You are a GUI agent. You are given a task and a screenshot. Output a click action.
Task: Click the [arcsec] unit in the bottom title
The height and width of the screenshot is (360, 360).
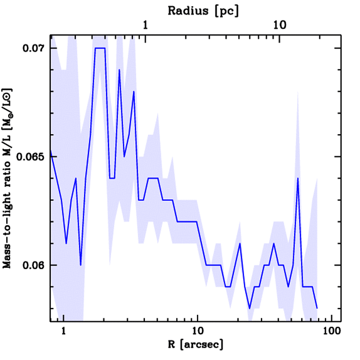(x=201, y=345)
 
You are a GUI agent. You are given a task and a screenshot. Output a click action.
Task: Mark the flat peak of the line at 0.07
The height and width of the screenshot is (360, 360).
(x=100, y=48)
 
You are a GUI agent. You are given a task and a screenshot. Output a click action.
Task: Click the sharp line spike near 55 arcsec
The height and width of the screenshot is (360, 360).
(x=298, y=178)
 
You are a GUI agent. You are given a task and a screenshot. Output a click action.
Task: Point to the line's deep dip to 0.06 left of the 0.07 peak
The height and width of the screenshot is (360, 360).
(x=81, y=265)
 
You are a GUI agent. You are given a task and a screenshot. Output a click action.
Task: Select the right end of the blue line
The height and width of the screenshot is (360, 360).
(x=317, y=308)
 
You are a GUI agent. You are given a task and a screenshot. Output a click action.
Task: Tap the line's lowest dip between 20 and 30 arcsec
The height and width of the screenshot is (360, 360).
(x=250, y=308)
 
